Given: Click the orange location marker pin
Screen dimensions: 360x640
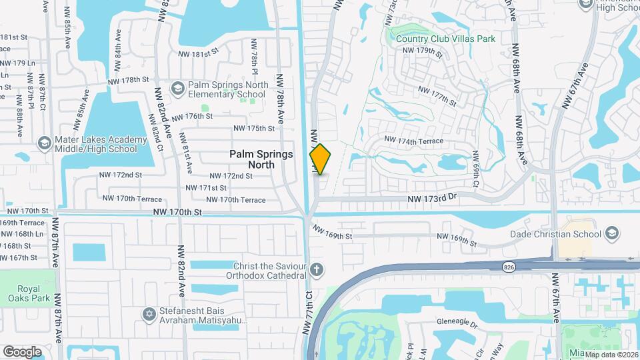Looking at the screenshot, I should tap(320, 159).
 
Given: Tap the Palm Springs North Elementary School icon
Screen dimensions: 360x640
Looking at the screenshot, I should tap(177, 88).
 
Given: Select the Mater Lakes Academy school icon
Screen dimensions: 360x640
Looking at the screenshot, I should tap(44, 143).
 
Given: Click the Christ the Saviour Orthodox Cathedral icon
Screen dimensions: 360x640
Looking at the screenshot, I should tap(317, 271).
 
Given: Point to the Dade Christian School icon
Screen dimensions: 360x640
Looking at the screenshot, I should tap(611, 234).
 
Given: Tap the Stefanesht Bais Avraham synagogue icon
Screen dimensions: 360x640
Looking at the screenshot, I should tap(150, 313).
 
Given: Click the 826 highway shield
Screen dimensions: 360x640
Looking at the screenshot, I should tap(509, 266).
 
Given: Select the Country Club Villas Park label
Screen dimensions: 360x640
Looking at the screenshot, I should tap(445, 39).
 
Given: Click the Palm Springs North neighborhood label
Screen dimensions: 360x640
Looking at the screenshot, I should tap(261, 159).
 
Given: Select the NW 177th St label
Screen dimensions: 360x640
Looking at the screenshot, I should tap(437, 96).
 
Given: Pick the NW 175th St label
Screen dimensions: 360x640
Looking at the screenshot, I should tap(254, 128).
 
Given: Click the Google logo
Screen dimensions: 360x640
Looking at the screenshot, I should tap(22, 351).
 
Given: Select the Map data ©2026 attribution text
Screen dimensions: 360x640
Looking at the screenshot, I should tap(611, 354).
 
